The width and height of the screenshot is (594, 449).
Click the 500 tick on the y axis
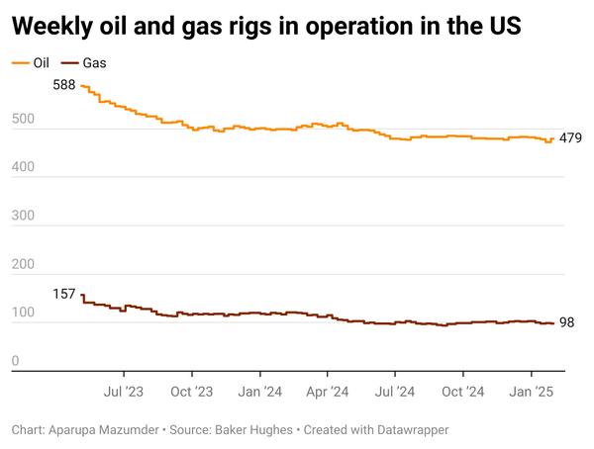[x=23, y=120]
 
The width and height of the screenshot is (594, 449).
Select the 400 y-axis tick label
[x=23, y=168]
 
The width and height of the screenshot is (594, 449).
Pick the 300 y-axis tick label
[x=23, y=217]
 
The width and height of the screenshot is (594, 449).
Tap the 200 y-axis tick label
[x=23, y=265]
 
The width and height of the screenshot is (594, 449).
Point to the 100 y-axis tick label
[x=23, y=314]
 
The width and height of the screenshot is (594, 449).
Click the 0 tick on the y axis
[x=16, y=362]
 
